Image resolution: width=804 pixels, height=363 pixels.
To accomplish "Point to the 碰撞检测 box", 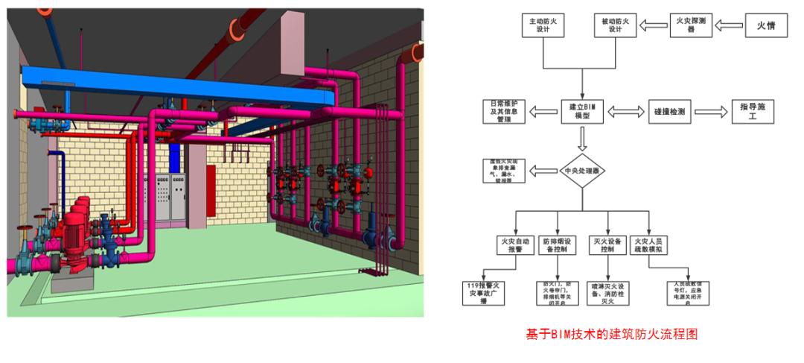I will (669, 112).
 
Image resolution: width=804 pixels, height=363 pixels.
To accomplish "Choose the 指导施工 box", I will (752, 112).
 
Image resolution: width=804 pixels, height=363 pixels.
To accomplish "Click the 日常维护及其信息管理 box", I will (503, 111).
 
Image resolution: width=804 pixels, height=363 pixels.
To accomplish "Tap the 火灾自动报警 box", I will (515, 245).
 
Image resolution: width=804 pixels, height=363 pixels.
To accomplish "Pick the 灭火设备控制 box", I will (607, 245).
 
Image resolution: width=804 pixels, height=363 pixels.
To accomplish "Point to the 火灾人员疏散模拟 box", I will (649, 245).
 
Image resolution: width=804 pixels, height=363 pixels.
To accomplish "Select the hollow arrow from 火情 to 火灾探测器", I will (730, 26).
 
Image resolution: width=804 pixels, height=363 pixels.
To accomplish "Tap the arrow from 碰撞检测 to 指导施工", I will (711, 112).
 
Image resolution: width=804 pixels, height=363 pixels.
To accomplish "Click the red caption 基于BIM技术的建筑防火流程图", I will (612, 334).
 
